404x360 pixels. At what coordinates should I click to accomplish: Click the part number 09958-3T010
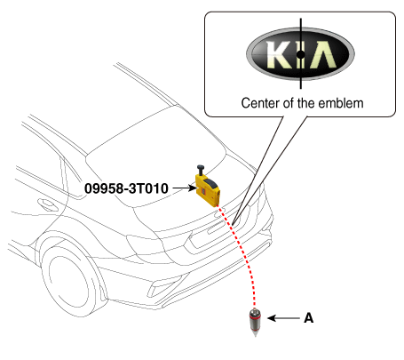click(126, 188)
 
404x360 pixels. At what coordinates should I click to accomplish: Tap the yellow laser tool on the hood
click(208, 190)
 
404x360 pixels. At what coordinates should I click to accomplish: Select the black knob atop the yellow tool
click(202, 170)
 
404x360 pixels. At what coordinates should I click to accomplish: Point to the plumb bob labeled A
click(255, 323)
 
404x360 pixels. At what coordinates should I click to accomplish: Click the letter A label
click(309, 318)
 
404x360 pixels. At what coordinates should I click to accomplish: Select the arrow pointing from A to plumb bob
click(283, 318)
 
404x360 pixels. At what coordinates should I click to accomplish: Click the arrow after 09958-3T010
click(185, 188)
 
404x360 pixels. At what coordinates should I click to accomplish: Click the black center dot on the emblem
click(300, 54)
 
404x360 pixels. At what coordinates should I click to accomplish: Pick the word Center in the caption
click(260, 103)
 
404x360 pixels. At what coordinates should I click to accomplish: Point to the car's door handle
click(48, 204)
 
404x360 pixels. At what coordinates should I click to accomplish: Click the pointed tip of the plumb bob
click(255, 337)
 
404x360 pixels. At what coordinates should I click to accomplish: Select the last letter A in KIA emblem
click(323, 54)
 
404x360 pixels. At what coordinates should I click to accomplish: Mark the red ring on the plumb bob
click(255, 316)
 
